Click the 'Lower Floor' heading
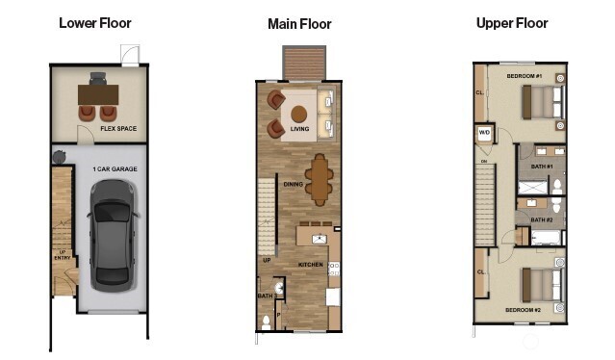95,22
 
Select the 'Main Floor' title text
299,23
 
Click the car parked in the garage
112,234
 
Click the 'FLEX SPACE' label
117,127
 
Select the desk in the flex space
97,94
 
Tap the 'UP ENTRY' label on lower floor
62,255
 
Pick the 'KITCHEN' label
310,264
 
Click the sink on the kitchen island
320,237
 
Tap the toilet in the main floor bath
267,321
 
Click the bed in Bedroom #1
542,100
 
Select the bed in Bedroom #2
541,284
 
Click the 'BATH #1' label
542,167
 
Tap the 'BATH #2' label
542,219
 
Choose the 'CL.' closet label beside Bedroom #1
478,93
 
